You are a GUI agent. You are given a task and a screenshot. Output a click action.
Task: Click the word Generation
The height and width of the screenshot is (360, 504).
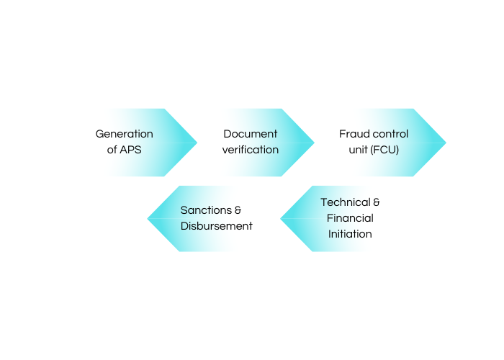(125, 134)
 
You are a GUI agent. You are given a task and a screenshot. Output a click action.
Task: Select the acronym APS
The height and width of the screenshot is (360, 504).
(132, 150)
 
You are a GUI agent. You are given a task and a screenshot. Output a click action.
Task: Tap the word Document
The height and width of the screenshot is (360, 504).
(250, 134)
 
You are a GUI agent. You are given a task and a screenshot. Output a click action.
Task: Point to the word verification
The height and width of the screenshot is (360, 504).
(250, 150)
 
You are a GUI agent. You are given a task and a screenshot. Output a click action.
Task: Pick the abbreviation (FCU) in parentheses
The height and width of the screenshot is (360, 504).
(385, 150)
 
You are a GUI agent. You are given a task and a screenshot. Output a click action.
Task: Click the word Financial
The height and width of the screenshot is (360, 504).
(350, 218)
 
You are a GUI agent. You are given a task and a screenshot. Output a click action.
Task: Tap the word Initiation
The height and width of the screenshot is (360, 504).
(350, 234)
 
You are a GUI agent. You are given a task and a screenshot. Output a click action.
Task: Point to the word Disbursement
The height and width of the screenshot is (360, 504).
(216, 226)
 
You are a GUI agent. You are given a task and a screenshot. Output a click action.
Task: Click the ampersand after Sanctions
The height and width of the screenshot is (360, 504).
(238, 210)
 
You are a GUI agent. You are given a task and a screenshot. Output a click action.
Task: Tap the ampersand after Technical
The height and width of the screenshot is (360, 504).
(376, 202)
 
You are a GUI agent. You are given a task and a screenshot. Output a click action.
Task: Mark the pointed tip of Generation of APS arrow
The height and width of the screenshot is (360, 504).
(196, 142)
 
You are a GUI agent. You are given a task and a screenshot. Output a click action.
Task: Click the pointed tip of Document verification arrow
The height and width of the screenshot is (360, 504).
(313, 142)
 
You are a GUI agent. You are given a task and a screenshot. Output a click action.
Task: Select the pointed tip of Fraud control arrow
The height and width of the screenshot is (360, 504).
(445, 142)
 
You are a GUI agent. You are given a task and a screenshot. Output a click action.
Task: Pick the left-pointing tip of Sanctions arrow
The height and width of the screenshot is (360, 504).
(148, 218)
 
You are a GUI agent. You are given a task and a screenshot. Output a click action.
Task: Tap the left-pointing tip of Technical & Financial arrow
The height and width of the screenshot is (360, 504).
(282, 218)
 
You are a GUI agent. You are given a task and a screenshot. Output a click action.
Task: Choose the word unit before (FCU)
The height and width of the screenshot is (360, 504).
(358, 150)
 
